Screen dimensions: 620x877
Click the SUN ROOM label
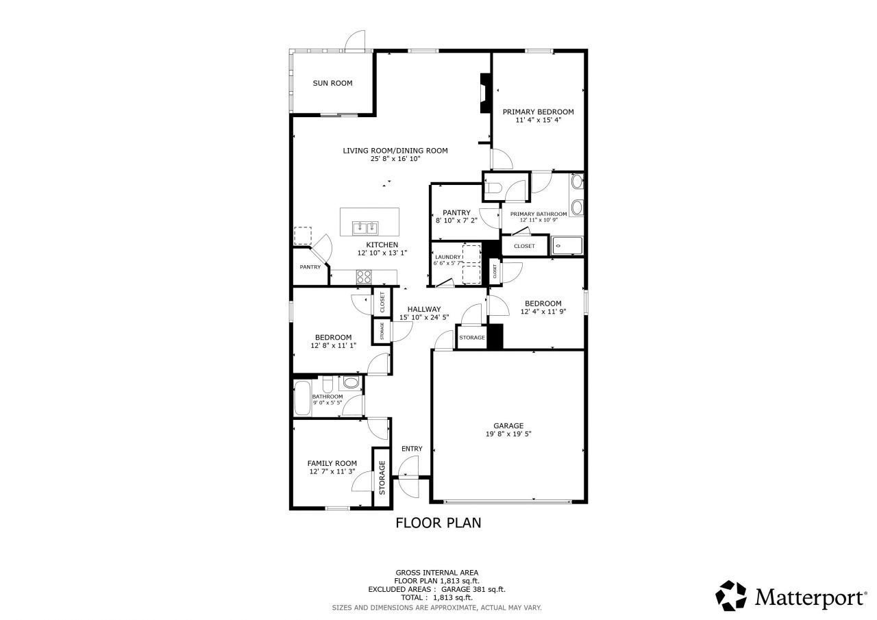coord(332,83)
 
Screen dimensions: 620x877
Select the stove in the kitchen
coord(363,277)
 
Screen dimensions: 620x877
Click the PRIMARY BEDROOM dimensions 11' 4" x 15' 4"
coord(538,121)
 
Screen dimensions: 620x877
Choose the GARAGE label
coord(508,425)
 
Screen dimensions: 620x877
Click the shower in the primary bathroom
coord(567,245)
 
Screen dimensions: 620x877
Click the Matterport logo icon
coord(731,595)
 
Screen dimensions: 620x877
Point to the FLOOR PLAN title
coord(438,523)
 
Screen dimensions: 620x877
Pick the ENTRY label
coord(412,449)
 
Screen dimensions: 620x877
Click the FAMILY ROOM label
coord(332,463)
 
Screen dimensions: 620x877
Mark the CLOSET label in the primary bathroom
coord(524,246)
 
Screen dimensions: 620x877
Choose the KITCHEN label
coord(382,245)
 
